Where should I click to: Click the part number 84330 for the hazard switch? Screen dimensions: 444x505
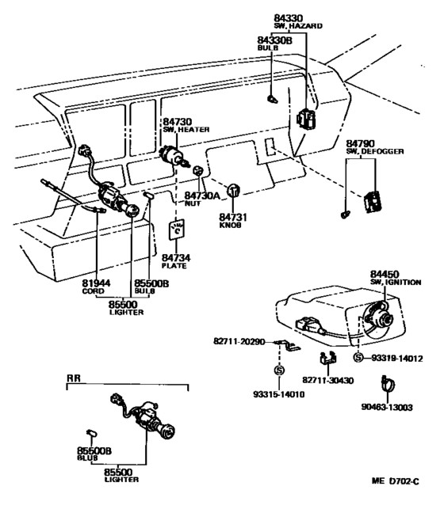pos(288,18)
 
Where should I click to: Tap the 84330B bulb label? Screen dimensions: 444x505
pos(274,40)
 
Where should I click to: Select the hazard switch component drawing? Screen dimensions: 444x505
pos(306,118)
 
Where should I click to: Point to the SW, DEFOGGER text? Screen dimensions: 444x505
pos(375,151)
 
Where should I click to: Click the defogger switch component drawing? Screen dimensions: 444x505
pos(373,202)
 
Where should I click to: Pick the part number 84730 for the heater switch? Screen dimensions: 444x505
pos(177,122)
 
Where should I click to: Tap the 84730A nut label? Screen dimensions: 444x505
pos(201,196)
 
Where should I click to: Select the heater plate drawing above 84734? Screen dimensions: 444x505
pos(177,230)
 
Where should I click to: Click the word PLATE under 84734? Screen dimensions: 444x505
pos(174,266)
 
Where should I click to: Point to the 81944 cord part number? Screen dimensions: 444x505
pos(96,283)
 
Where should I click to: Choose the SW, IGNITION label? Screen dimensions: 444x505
pos(396,282)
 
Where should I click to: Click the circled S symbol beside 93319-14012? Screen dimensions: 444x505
pos(358,357)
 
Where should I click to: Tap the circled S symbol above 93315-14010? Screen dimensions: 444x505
pos(279,370)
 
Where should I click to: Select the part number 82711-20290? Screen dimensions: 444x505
pos(239,341)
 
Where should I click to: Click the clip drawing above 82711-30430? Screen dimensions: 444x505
pos(327,359)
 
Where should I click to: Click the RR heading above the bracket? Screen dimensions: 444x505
pos(73,378)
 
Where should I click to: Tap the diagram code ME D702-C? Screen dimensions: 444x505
pos(396,481)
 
